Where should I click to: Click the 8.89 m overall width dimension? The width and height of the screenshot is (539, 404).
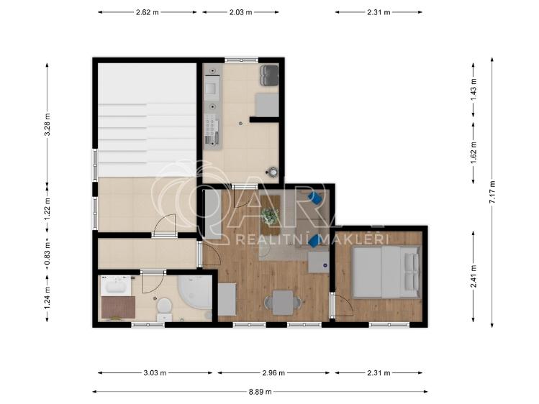[260, 392]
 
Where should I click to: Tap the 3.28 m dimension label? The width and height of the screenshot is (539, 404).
[48, 122]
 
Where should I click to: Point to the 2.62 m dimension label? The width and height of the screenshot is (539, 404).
[148, 12]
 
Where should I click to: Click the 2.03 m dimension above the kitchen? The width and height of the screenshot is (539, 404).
[240, 12]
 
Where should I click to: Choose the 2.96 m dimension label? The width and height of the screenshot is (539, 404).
[273, 373]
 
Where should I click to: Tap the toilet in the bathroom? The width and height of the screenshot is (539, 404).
[164, 307]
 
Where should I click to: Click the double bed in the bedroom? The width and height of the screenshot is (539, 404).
[384, 272]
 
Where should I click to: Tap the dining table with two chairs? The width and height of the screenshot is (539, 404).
[281, 302]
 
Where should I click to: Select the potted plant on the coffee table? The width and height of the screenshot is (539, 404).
[271, 214]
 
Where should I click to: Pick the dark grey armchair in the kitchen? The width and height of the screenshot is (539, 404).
[269, 74]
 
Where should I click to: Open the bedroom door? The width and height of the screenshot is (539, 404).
[340, 306]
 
